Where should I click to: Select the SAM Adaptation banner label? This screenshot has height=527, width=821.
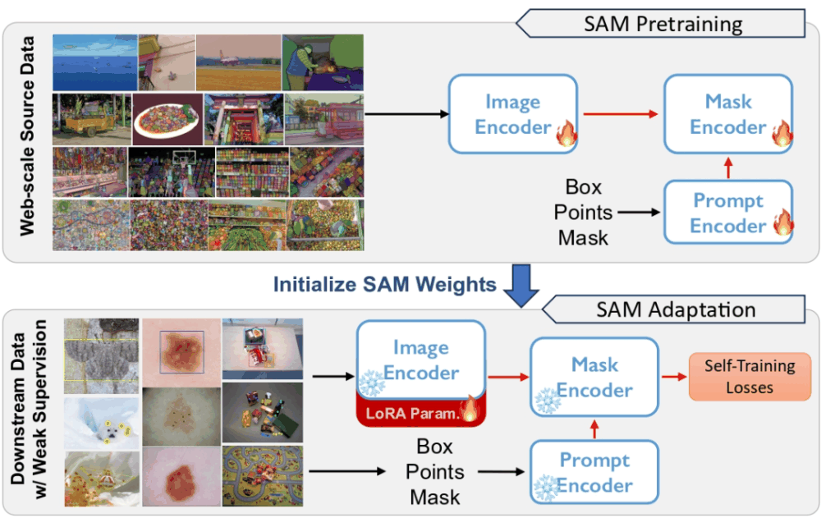click(674, 309)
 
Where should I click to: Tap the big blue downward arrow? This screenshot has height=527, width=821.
click(521, 284)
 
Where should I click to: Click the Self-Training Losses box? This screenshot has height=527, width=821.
click(750, 376)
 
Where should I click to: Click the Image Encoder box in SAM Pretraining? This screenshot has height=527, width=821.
click(513, 114)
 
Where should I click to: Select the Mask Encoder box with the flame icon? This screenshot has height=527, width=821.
click(728, 114)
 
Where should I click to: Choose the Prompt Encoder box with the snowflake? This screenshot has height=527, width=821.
click(594, 473)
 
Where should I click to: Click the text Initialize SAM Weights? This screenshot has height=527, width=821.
click(384, 284)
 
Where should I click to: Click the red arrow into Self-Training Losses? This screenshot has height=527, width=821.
click(674, 376)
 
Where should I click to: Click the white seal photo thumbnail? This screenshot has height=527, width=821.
click(100, 421)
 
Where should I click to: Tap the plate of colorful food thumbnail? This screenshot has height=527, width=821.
click(166, 118)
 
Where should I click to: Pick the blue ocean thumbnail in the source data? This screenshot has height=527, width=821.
click(94, 62)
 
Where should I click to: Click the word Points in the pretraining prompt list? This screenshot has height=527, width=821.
click(582, 212)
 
